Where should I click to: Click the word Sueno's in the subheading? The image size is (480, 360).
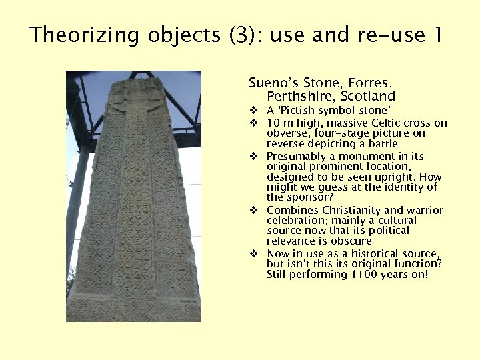click(273, 83)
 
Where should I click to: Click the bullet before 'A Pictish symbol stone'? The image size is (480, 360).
click(254, 110)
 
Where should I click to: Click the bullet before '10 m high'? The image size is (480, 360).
click(254, 123)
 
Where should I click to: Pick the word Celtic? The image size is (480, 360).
click(387, 123)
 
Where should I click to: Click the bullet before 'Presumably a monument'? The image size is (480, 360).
click(254, 157)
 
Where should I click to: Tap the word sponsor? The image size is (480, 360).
click(304, 197)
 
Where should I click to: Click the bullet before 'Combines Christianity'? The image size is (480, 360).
click(254, 211)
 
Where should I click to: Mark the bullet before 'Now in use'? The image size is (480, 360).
click(254, 254)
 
